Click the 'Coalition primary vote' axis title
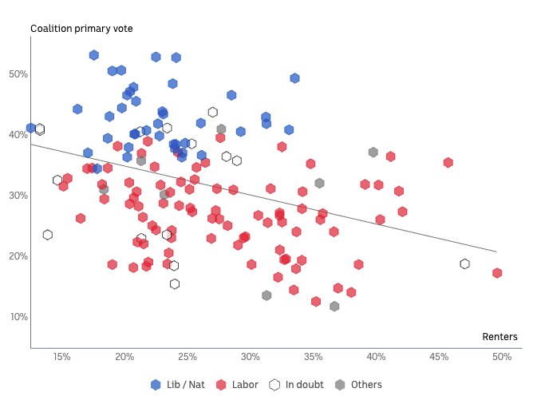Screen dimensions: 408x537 [x=81, y=29]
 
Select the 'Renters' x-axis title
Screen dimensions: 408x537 [x=499, y=337]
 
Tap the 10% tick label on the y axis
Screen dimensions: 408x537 [x=18, y=317]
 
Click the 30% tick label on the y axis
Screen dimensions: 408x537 [x=18, y=196]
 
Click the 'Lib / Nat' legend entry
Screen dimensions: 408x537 [x=178, y=385]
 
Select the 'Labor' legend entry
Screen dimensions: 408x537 [x=237, y=385]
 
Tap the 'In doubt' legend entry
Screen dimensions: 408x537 [x=296, y=385]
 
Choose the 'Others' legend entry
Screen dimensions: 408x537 [x=358, y=385]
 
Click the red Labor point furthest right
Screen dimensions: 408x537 [x=497, y=273]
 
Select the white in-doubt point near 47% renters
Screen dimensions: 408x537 [x=464, y=264]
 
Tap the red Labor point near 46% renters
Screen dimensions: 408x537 [x=448, y=163]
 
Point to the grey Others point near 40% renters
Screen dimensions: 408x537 [x=373, y=153]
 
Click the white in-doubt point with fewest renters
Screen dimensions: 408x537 [x=48, y=235]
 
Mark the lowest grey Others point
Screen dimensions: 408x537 [x=334, y=307]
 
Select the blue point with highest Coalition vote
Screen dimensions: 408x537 [x=94, y=55]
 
